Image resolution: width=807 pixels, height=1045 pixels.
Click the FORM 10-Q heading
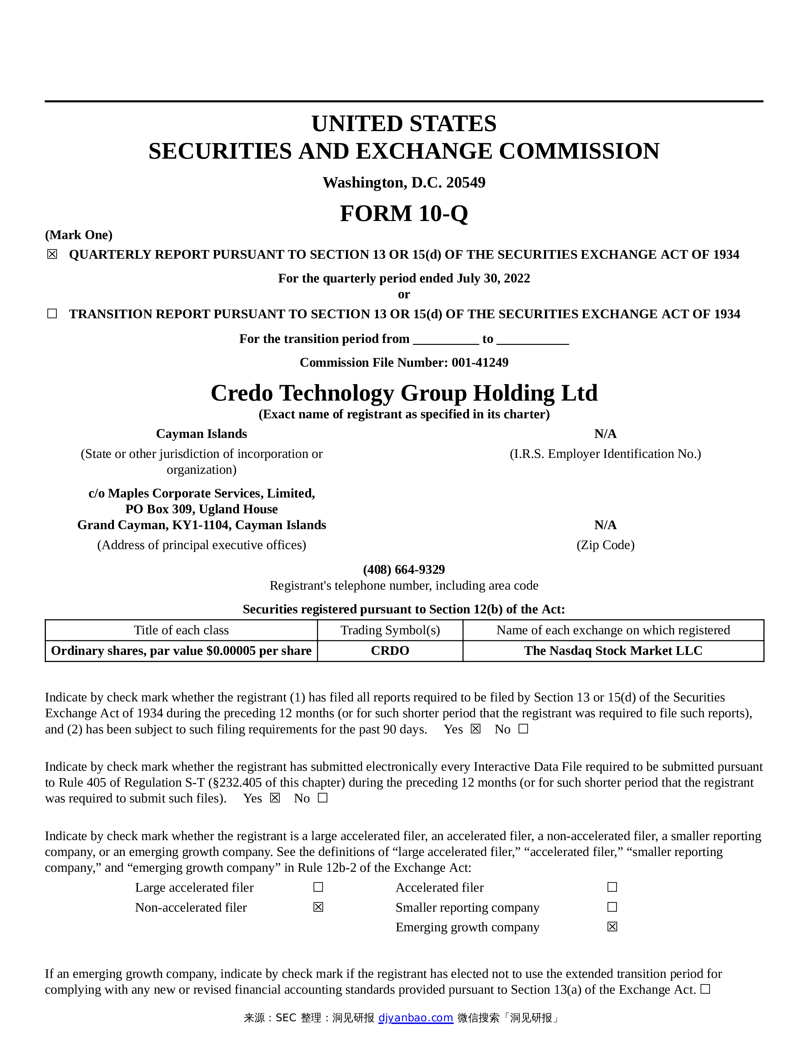click(403, 213)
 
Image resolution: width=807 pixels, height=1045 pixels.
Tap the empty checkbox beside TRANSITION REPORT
click(52, 314)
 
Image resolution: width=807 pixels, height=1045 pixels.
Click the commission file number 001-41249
click(480, 362)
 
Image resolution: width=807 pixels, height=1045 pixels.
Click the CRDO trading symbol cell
click(390, 651)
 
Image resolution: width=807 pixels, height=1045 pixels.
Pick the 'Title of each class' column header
click(181, 630)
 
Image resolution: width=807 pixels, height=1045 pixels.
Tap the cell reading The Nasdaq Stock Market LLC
click(613, 651)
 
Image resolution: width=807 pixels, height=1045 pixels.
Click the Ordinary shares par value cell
click(181, 651)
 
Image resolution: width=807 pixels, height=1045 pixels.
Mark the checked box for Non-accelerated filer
click(318, 907)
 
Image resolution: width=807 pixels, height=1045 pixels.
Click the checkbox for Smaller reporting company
click(612, 907)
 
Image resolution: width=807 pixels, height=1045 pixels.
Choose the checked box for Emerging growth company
click(612, 927)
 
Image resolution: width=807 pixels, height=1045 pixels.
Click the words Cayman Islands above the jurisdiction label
click(201, 434)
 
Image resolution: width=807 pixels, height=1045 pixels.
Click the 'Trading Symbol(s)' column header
click(390, 630)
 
